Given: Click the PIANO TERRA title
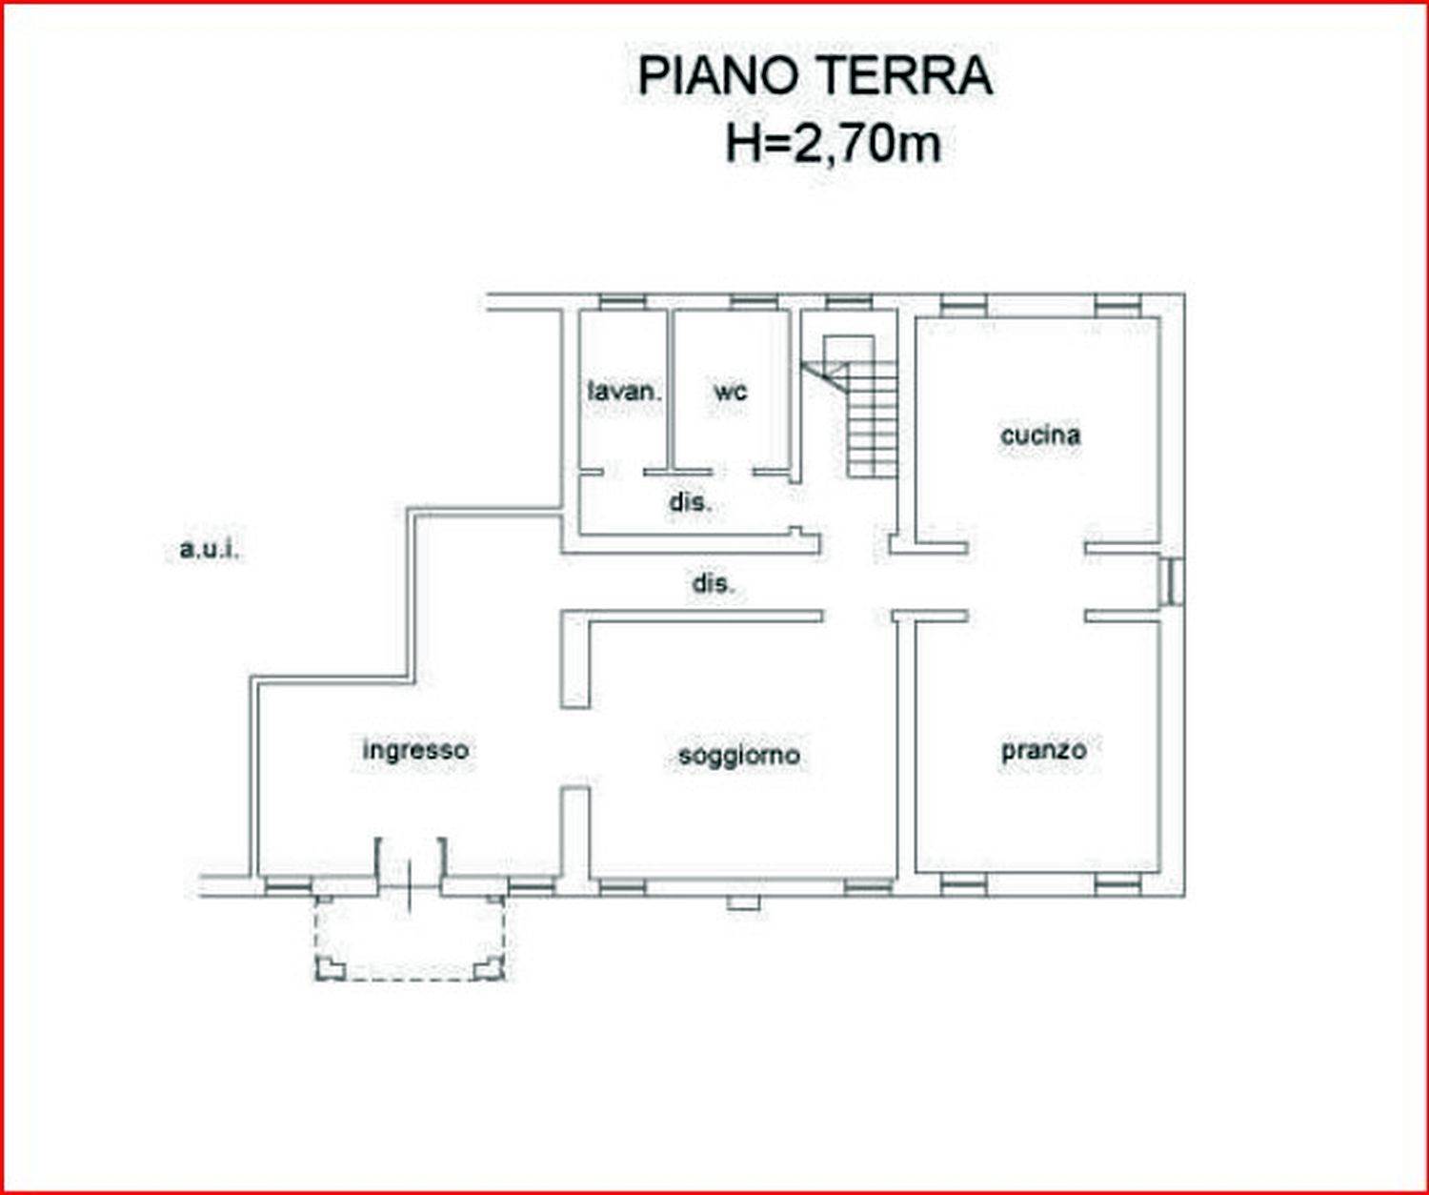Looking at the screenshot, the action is (815, 76).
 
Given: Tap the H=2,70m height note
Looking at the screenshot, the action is (833, 145).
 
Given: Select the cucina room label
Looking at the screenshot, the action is (1040, 435).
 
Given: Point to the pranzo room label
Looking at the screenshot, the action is (1044, 751).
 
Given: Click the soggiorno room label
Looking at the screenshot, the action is (739, 756).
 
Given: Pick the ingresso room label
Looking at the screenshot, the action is (415, 751).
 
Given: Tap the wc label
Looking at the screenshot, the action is (731, 392).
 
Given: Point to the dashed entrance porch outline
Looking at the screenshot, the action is (410, 939).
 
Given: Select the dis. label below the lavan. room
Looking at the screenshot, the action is (691, 502).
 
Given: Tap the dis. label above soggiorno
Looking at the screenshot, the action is (714, 584).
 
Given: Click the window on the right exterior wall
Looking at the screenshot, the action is (1173, 582).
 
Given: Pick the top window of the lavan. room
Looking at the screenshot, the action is (623, 301).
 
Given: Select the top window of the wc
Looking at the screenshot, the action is (753, 301).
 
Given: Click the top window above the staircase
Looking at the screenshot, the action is (849, 301).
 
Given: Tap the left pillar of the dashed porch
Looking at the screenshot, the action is (330, 968).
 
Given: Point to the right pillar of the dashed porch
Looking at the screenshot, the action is (490, 968).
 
